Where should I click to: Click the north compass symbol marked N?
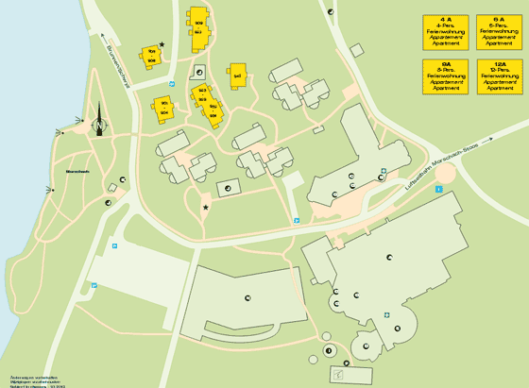pyautogui.click(x=99, y=125)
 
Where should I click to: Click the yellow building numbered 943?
pyautogui.click(x=237, y=76)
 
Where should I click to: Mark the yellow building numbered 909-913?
pyautogui.click(x=200, y=31)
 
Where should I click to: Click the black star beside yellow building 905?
pyautogui.click(x=162, y=43)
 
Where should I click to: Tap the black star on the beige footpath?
pyautogui.click(x=205, y=207)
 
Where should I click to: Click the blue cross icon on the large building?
pyautogui.click(x=386, y=315)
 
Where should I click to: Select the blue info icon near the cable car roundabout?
pyautogui.click(x=438, y=189)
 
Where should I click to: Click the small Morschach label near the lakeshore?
pyautogui.click(x=64, y=171)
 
